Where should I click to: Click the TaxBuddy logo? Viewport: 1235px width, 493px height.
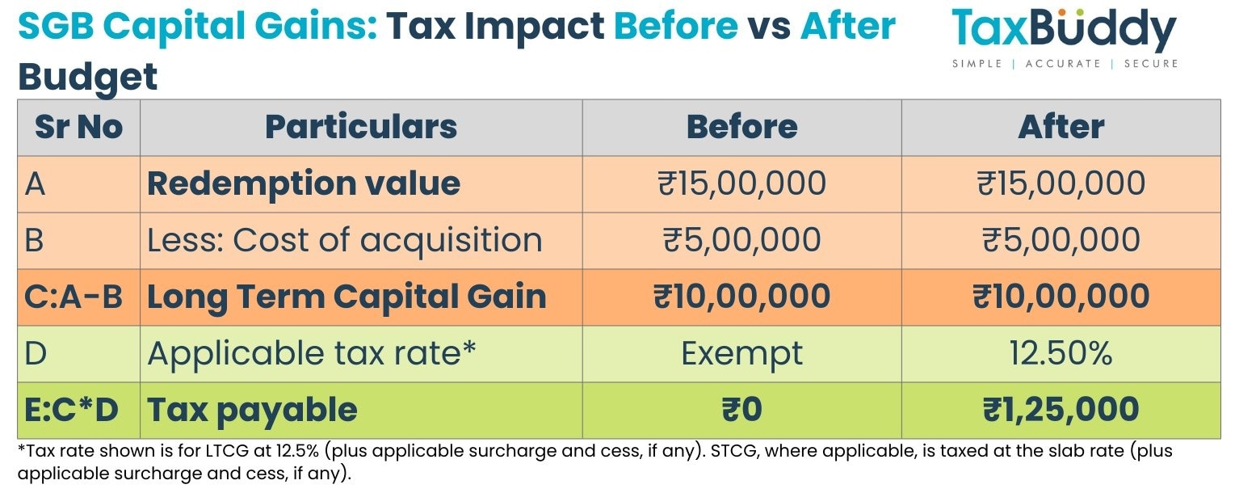[x=1064, y=37]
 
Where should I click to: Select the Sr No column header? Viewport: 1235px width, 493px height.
[x=78, y=128]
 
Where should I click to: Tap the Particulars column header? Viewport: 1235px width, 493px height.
[x=360, y=128]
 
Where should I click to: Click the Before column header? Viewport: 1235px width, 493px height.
[x=741, y=128]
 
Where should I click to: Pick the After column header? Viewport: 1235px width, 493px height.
[x=1061, y=128]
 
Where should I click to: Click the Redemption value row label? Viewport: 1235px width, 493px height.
[x=304, y=184]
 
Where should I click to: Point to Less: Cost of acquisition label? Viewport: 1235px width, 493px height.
[x=344, y=241]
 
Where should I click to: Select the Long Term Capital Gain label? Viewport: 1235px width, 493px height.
[x=347, y=297]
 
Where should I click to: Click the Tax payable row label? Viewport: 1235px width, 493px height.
[x=252, y=411]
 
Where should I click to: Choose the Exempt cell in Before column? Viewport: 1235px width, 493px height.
[x=741, y=354]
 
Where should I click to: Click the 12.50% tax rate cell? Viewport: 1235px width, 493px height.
[x=1061, y=354]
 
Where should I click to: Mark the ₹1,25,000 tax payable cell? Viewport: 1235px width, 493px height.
[x=1061, y=411]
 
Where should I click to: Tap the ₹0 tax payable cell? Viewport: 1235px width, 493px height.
[x=741, y=411]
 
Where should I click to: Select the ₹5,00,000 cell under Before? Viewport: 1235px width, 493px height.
[x=741, y=241]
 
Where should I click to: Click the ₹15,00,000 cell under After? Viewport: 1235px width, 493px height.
[x=1061, y=184]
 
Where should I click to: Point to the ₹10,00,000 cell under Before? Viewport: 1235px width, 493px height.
[x=741, y=297]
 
